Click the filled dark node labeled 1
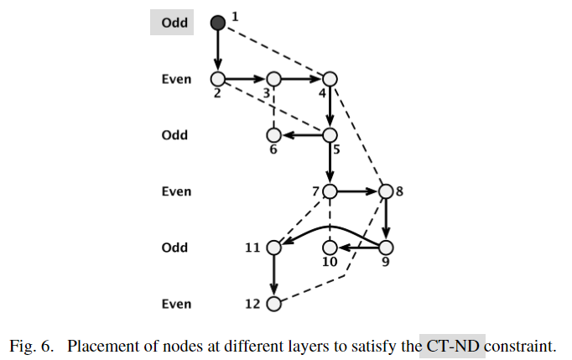[x=218, y=23]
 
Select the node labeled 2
[x=218, y=79]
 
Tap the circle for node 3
[x=273, y=79]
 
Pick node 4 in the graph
[x=330, y=79]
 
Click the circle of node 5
[x=330, y=135]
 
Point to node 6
[x=273, y=135]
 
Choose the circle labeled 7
[x=330, y=191]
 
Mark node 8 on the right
[x=386, y=191]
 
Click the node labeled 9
[x=386, y=248]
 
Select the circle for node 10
[x=330, y=248]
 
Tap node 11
[x=273, y=248]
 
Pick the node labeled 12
[x=273, y=304]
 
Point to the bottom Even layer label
[x=176, y=304]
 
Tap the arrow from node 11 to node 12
[x=273, y=275]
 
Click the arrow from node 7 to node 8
[x=357, y=191]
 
